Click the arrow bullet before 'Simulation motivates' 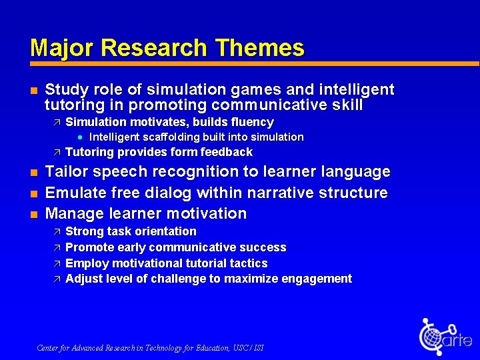(57, 122)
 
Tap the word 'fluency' (251, 122)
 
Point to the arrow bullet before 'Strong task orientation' (57, 231)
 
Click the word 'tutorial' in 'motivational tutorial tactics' (206, 263)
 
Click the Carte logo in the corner (445, 337)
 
